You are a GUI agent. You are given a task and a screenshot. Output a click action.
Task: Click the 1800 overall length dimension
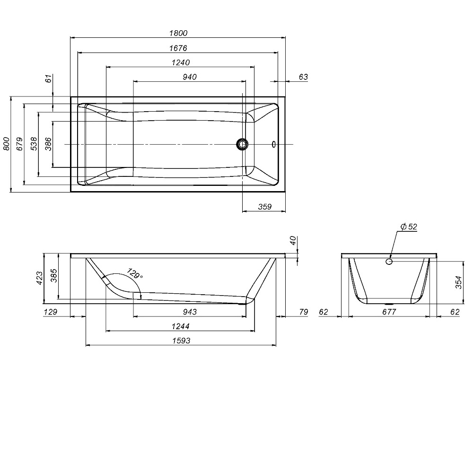click(178, 33)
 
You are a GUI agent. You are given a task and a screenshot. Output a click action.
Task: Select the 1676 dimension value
click(178, 48)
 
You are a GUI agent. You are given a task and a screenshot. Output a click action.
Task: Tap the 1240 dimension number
click(181, 62)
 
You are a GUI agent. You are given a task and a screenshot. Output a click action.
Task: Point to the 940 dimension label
click(190, 77)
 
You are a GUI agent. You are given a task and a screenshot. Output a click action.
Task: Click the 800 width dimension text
click(6, 144)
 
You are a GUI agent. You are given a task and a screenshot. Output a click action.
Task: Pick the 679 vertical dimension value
click(19, 144)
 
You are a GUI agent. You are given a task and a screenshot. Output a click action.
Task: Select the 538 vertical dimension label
click(34, 144)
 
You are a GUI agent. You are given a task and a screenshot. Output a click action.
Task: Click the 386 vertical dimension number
click(48, 144)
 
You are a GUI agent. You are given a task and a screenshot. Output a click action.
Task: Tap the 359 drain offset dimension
click(265, 207)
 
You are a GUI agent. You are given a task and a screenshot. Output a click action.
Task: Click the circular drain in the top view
click(242, 144)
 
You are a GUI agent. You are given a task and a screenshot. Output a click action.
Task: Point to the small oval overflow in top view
click(273, 144)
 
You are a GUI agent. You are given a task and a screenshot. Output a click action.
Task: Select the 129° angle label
click(134, 273)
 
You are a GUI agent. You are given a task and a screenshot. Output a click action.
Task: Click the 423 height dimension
click(40, 278)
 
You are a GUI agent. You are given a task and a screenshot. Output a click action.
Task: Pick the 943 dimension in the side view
click(190, 312)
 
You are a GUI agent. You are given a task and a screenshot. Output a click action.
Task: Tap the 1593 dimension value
click(181, 341)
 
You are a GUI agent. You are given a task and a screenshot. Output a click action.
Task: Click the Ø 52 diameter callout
click(409, 226)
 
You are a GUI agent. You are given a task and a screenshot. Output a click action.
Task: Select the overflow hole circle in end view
click(389, 261)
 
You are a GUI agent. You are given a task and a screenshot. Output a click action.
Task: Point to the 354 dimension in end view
click(458, 282)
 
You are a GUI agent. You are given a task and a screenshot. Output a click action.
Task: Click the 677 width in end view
click(389, 312)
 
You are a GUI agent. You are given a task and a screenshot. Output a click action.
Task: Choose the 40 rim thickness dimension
click(293, 240)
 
